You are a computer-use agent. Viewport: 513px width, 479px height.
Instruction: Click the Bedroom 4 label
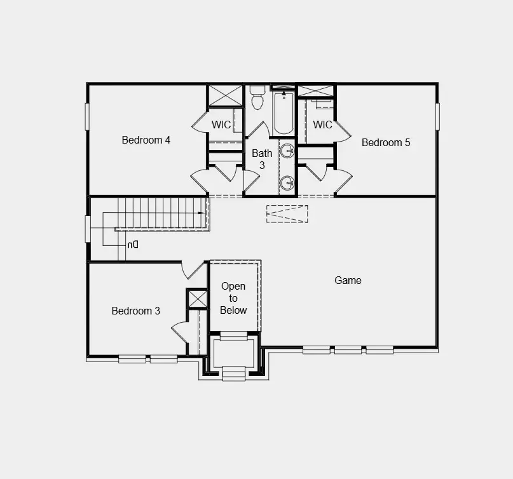pos(146,140)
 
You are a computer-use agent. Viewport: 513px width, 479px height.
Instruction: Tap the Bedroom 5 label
pos(386,142)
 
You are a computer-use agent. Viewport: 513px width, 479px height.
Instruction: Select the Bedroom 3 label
pos(135,311)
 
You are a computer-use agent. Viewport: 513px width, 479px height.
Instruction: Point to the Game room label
pos(348,280)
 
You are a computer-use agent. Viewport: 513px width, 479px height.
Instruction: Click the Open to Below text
pos(233,298)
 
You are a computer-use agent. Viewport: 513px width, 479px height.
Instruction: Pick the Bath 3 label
pos(262,159)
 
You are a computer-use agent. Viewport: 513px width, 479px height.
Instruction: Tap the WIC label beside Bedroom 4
pos(221,125)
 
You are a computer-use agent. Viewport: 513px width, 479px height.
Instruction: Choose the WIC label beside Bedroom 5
pos(323,125)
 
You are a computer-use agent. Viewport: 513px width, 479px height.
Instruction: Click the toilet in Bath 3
pos(257,99)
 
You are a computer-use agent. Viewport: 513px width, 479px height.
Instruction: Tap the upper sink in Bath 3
pos(287,151)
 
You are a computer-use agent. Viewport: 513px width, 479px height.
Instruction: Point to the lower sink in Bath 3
pos(287,183)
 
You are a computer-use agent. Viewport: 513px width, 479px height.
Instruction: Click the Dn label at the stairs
pos(132,244)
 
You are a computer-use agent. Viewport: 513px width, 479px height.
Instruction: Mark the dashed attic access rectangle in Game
pos(287,213)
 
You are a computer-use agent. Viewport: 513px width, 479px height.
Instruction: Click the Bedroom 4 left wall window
pos(88,116)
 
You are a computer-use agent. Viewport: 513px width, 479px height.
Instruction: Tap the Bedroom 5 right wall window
pos(437,116)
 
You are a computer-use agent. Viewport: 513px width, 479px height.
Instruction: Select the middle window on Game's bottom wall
pos(348,349)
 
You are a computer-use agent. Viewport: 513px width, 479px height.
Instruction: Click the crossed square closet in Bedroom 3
pos(197,299)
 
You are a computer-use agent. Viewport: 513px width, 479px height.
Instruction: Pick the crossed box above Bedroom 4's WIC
pos(225,95)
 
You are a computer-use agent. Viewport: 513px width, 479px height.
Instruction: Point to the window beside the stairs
pos(88,229)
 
